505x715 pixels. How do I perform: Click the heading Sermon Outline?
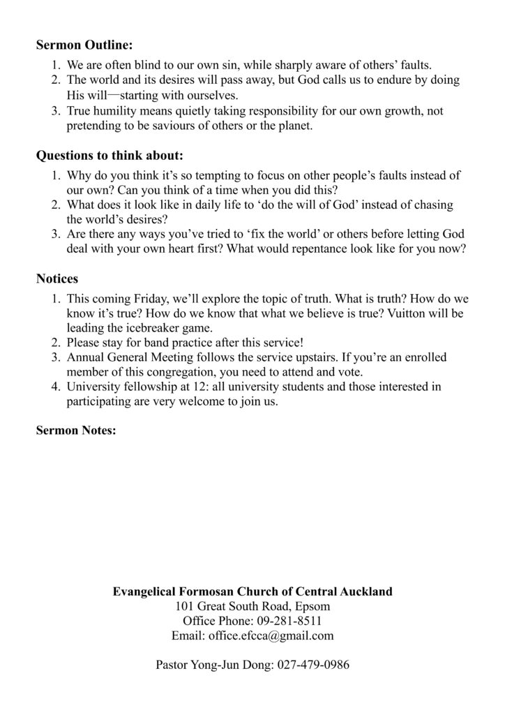[x=84, y=45]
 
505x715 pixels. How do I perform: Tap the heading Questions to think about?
[x=110, y=156]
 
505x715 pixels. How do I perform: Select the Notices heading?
[x=57, y=279]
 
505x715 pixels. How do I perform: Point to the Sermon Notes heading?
[x=77, y=430]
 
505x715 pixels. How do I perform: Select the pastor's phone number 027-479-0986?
[x=313, y=665]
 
